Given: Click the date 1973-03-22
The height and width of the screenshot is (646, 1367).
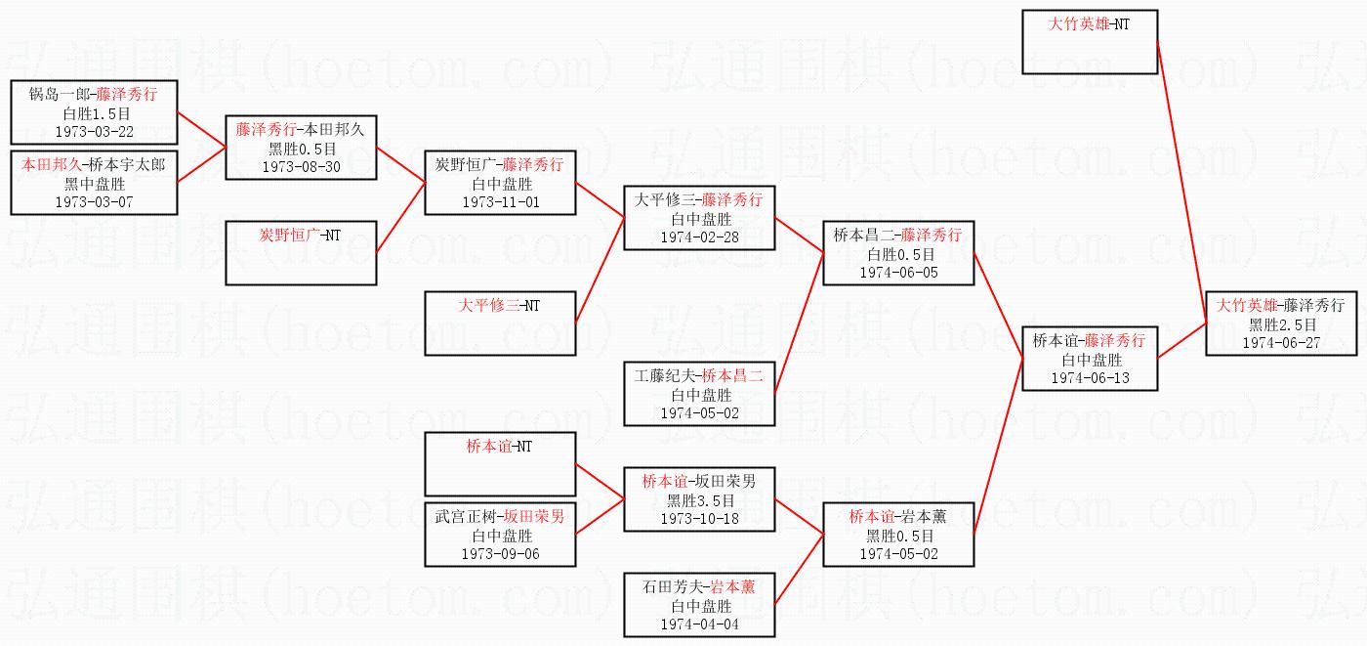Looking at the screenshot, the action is coord(94,131).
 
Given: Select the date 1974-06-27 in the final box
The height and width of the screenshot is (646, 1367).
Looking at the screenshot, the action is coord(1281,342).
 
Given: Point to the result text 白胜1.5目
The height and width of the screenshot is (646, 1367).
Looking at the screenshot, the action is coord(97,113).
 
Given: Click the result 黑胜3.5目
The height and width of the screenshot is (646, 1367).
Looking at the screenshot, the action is coord(700,500).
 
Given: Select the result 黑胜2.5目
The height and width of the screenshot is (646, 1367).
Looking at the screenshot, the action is coord(1282,324).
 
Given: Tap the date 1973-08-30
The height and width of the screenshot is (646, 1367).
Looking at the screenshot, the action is coord(301,167).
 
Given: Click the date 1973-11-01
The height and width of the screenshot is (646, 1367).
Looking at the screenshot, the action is coord(500,202).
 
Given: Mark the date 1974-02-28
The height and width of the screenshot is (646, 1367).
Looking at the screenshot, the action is coord(699,237).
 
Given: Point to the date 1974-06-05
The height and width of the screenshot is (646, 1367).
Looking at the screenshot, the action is coord(898,273).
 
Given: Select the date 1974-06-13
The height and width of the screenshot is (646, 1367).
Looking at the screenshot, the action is coord(1090,378).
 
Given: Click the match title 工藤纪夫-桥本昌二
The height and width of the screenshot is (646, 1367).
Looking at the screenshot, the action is coord(699,375).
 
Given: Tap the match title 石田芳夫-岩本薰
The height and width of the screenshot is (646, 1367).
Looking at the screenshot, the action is coord(699,586).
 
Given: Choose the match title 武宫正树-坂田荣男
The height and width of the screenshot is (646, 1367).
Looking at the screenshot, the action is coord(500,517).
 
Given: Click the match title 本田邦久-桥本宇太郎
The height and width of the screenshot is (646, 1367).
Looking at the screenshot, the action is coord(94,164).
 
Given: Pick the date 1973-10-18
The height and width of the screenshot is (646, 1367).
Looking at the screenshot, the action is coord(699,518).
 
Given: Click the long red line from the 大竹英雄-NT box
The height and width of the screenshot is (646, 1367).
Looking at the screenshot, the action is coord(1182,183).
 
